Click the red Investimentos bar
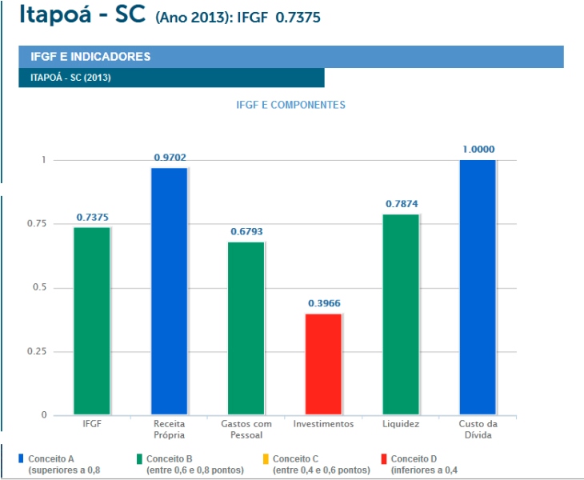pos(323,364)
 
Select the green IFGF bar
pos(92,321)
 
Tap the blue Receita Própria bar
pos(169,291)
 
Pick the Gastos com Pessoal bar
pos(246,328)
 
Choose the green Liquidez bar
pos(401,314)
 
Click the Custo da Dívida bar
pos(478,287)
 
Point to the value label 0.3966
pos(324,304)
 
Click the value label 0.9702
pos(170,158)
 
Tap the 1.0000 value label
pos(478,149)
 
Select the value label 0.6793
pos(246,232)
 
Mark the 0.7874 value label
pos(401,204)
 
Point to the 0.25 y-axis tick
pos(37,351)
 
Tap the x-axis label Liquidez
pos(401,423)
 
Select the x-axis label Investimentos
pos(323,423)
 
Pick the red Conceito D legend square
pos(384,458)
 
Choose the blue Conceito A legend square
pos(21,458)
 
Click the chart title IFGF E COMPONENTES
pos(290,105)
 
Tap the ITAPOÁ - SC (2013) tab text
pos(70,78)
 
